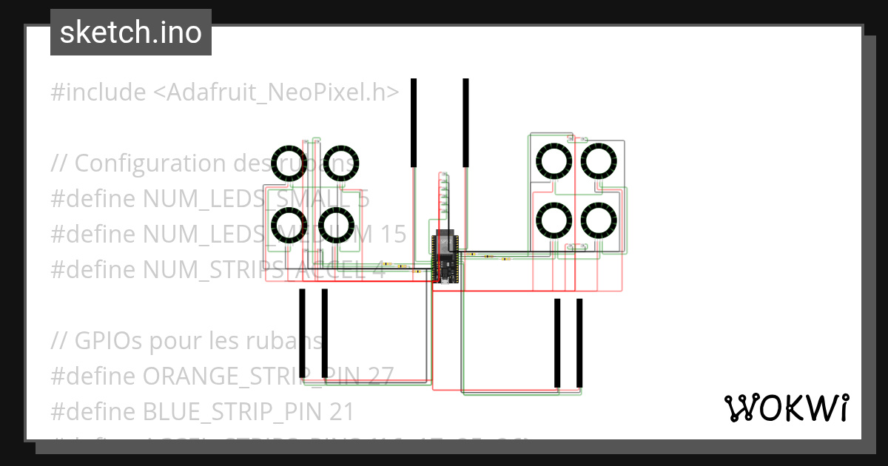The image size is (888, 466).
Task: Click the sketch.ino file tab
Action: (130, 33)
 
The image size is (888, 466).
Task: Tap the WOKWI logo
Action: (786, 408)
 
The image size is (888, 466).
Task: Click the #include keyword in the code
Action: (98, 92)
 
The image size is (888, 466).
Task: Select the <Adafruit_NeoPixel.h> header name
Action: (277, 92)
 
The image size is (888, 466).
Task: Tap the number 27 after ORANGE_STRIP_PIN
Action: (380, 376)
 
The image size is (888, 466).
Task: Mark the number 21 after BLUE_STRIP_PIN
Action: (341, 411)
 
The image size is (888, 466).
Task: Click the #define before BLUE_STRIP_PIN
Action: (93, 411)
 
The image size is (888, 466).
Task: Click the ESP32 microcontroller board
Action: (445, 257)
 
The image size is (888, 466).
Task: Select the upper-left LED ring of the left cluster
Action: (290, 163)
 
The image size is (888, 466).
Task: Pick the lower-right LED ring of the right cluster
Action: (599, 220)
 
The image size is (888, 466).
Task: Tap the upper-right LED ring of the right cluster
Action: (599, 161)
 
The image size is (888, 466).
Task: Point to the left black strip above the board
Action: (414, 122)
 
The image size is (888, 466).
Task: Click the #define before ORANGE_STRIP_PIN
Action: (93, 376)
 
